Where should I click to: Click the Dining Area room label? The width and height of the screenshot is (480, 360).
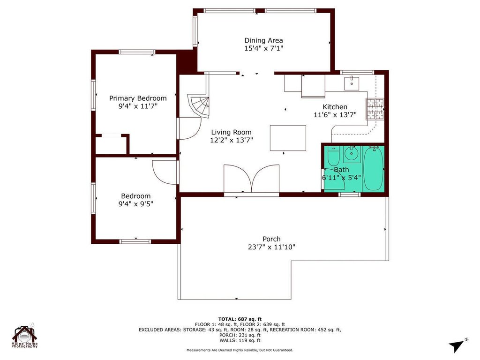(x=263, y=40)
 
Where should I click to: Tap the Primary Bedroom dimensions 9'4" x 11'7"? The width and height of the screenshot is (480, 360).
(x=138, y=106)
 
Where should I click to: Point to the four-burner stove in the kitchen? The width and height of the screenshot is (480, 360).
(x=375, y=109)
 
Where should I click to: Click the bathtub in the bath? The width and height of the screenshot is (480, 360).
(x=374, y=169)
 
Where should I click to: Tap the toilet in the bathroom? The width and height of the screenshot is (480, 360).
(x=333, y=155)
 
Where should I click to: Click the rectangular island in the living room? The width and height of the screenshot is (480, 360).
(x=288, y=138)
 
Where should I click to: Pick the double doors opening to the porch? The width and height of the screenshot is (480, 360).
(x=252, y=180)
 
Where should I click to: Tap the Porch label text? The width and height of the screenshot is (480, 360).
(x=271, y=239)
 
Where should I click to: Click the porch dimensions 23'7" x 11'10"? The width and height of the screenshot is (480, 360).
(x=272, y=247)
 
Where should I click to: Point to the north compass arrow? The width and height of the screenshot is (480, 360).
(x=457, y=345)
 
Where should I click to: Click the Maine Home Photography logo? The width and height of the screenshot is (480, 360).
(x=25, y=337)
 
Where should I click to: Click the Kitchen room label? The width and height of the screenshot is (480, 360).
(x=335, y=107)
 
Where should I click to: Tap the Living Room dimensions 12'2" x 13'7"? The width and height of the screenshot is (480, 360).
(x=232, y=140)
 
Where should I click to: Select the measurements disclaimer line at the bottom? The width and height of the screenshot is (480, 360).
(x=240, y=350)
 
